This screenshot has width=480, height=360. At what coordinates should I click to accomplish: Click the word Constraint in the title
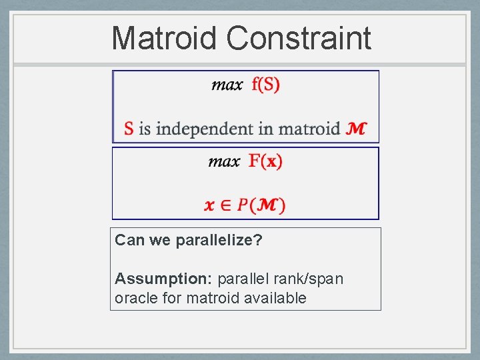298,38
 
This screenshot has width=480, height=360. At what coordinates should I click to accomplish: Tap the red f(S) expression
266,85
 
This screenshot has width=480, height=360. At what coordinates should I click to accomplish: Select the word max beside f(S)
227,85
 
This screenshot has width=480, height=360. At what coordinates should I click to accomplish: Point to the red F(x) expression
265,161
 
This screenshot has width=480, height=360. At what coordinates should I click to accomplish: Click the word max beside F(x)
224,162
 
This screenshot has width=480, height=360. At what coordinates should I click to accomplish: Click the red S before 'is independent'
129,128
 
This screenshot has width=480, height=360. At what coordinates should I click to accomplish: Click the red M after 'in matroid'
356,128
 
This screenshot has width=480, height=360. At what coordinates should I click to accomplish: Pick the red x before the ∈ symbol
209,205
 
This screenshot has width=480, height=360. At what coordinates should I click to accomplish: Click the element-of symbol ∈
225,205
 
